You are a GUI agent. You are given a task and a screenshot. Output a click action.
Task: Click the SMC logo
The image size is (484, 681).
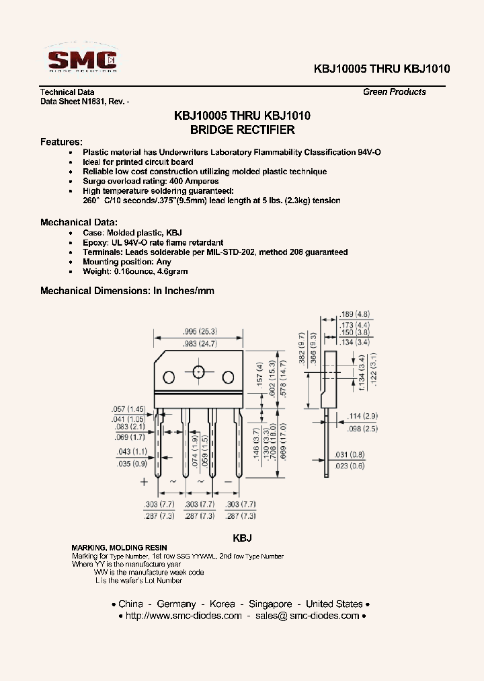pyautogui.click(x=81, y=59)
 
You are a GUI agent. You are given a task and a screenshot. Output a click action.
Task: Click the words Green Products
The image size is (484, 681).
pyautogui.click(x=395, y=92)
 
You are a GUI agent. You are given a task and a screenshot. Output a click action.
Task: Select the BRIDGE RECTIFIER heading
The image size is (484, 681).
pyautogui.click(x=242, y=130)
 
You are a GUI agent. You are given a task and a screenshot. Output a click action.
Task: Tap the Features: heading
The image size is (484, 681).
pyautogui.click(x=61, y=143)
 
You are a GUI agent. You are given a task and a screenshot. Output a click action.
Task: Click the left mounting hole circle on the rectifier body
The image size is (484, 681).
pyautogui.click(x=169, y=376)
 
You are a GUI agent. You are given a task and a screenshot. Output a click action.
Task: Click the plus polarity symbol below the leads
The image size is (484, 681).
pyautogui.click(x=143, y=482)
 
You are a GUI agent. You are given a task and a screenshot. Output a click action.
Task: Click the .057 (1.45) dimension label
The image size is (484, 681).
pyautogui.click(x=128, y=409)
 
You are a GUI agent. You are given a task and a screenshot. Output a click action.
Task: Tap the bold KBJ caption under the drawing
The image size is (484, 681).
pyautogui.click(x=242, y=538)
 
